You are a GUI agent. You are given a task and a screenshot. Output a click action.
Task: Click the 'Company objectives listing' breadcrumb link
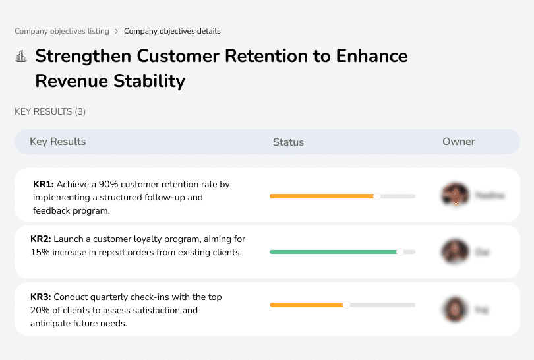click(63, 31)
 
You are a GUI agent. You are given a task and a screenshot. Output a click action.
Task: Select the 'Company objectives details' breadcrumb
click(172, 31)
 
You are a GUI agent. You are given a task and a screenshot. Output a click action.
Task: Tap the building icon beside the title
click(21, 57)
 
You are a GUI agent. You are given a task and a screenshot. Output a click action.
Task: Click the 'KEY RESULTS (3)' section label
click(50, 112)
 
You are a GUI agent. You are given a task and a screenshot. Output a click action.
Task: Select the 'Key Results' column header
click(57, 142)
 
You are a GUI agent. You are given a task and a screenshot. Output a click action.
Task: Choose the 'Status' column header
click(288, 142)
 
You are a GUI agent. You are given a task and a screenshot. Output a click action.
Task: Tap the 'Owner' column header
click(458, 142)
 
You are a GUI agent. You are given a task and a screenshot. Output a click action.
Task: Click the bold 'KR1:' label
click(43, 185)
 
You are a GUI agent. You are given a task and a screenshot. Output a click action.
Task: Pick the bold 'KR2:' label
click(41, 239)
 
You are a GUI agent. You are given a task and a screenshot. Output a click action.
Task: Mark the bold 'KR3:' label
click(41, 297)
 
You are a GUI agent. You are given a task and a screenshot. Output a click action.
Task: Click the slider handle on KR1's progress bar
click(377, 196)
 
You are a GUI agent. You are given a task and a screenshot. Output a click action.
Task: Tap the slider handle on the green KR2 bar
click(400, 252)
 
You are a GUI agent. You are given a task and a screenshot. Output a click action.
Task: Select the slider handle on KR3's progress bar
click(346, 305)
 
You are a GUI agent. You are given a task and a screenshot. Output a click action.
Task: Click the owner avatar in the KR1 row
click(455, 195)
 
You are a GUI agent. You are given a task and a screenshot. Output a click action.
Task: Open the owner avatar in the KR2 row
click(455, 252)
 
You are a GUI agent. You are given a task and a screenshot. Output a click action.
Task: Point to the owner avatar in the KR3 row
click(455, 309)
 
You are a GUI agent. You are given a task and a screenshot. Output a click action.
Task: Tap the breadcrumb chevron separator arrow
click(116, 31)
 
